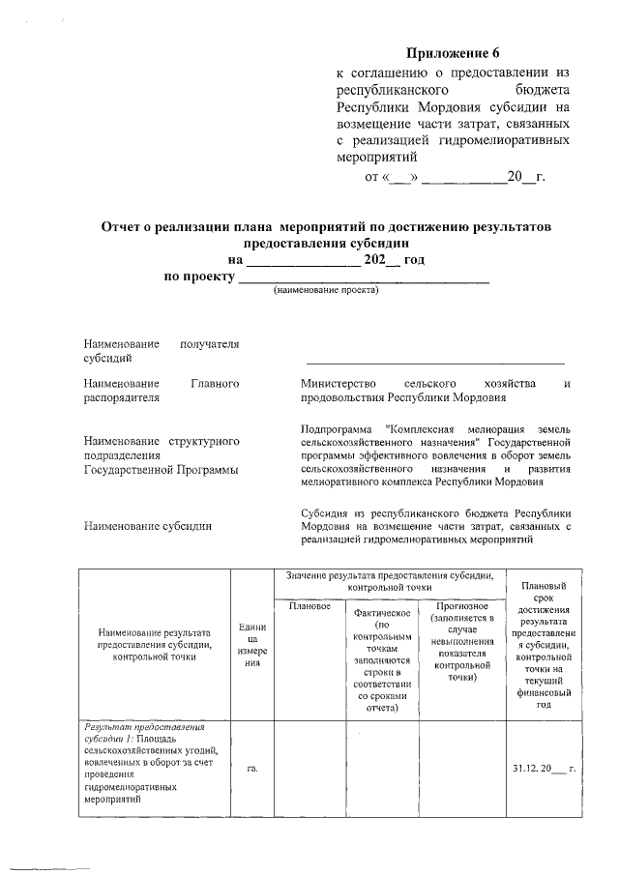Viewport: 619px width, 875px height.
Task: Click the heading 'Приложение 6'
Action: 455,52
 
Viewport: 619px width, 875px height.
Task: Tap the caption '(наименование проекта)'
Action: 326,290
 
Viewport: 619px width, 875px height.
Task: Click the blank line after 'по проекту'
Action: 364,278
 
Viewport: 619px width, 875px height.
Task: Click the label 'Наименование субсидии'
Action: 147,527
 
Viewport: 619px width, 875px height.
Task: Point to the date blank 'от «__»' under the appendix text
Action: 394,177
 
